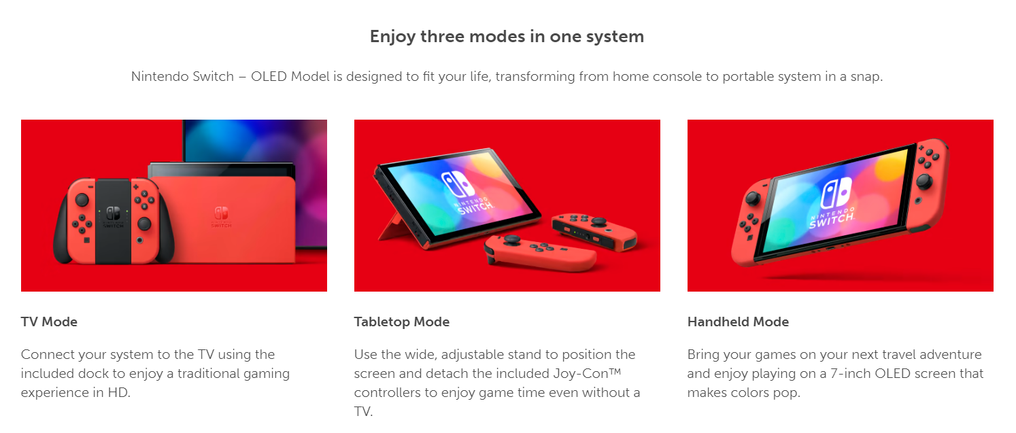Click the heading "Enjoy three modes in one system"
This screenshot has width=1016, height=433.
click(x=507, y=36)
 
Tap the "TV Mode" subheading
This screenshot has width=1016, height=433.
click(x=49, y=322)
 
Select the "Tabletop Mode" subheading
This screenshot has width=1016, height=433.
click(x=401, y=322)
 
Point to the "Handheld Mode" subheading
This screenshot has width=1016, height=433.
click(x=738, y=322)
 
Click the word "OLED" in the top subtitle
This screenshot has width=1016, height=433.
click(x=269, y=76)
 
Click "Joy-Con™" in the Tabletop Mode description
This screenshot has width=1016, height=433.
click(x=587, y=373)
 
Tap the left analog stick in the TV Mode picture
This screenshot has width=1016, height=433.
click(x=82, y=199)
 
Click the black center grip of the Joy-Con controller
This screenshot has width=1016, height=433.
click(x=114, y=221)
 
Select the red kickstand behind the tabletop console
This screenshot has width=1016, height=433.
click(x=391, y=226)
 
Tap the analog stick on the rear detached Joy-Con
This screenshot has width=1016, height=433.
click(x=598, y=222)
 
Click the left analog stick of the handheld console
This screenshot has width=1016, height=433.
click(x=753, y=198)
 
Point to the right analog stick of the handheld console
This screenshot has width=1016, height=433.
click(x=924, y=181)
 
